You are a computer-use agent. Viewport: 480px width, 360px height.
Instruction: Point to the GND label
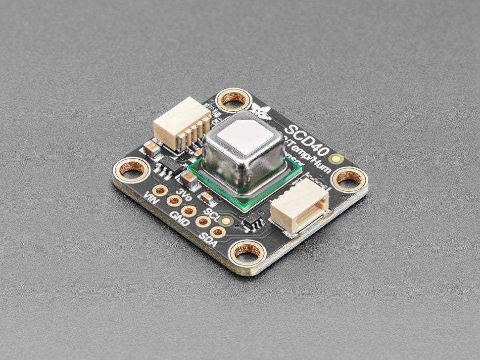pyautogui.click(x=180, y=219)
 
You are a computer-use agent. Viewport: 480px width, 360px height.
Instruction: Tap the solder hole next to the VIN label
pyautogui.click(x=160, y=190)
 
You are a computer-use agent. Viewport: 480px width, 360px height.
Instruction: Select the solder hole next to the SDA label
pyautogui.click(x=217, y=231)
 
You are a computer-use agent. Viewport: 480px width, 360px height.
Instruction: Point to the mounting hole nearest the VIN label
pyautogui.click(x=132, y=169)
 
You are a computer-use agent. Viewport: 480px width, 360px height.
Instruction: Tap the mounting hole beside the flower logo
pyautogui.click(x=233, y=99)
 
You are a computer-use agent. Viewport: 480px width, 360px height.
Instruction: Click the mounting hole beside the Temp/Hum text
pyautogui.click(x=349, y=179)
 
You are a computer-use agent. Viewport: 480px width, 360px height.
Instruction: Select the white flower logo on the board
pyautogui.click(x=260, y=111)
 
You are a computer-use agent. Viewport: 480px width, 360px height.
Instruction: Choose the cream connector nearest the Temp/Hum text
pyautogui.click(x=298, y=205)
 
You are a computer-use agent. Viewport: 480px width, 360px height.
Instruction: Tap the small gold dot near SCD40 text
pyautogui.click(x=337, y=159)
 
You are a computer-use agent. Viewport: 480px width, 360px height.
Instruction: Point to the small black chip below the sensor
pyautogui.click(x=254, y=222)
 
